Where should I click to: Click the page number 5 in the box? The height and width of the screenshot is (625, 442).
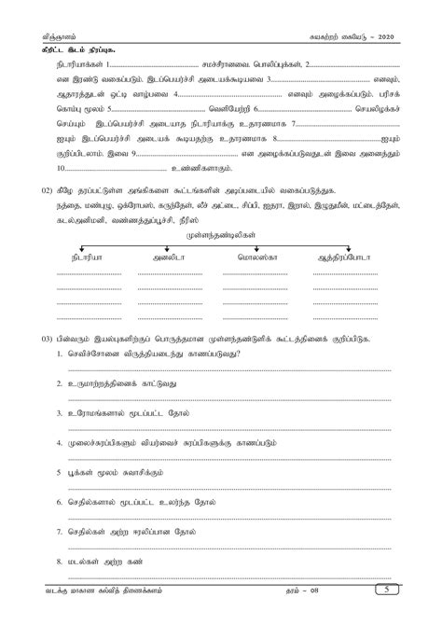[407, 615]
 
